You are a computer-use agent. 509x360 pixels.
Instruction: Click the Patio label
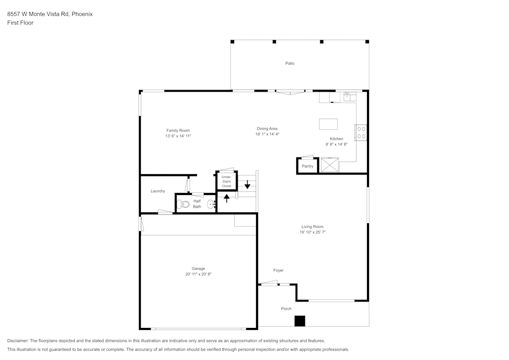tap(290, 63)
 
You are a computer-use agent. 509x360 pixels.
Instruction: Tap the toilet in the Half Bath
tap(184, 204)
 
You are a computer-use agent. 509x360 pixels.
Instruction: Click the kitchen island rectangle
tap(328, 124)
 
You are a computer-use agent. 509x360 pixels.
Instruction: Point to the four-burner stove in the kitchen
tap(361, 132)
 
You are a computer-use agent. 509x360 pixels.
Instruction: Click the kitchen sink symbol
tap(350, 95)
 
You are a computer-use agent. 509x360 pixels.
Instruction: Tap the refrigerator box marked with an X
tap(330, 165)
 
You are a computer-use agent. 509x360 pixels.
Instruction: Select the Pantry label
tap(307, 166)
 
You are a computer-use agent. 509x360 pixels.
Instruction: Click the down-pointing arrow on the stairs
tap(247, 185)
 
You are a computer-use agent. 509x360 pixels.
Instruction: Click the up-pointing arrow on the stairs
tap(227, 198)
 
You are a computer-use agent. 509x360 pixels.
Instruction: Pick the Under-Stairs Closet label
tap(227, 181)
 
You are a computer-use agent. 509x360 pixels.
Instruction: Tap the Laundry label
tap(158, 191)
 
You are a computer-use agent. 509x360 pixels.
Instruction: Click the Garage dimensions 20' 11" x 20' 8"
tap(198, 274)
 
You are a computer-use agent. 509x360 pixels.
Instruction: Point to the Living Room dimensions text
tap(312, 232)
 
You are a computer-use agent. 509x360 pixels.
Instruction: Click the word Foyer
tap(278, 270)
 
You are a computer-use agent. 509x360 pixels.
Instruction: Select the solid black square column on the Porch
tap(300, 321)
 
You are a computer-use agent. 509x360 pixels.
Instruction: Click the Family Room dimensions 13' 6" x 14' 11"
tap(178, 136)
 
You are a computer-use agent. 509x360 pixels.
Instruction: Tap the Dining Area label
tap(267, 128)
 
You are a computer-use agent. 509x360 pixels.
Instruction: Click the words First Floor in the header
tap(20, 23)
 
